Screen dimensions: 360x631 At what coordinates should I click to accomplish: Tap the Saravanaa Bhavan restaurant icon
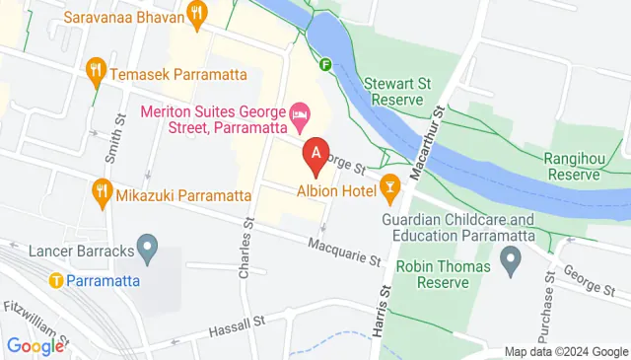point(197,14)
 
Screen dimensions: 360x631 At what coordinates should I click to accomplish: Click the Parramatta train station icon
point(57,279)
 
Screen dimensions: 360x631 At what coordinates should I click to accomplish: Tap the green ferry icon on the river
point(326,65)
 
